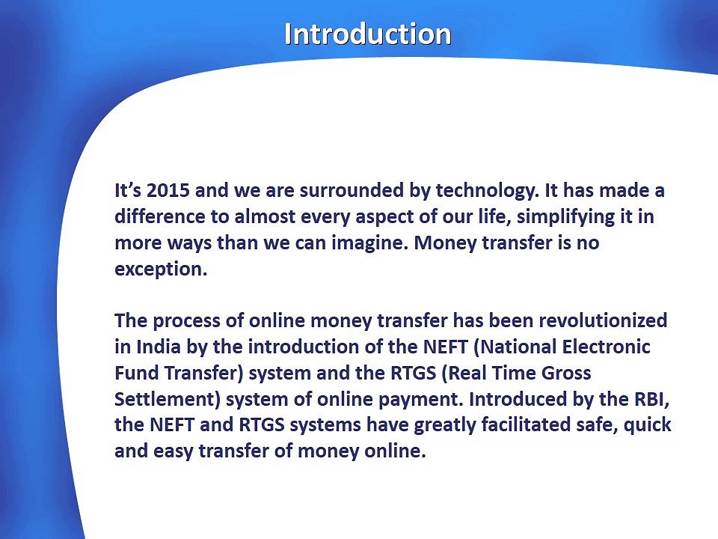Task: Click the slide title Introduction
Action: point(368,34)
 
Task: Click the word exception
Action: point(161,269)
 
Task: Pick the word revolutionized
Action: point(603,320)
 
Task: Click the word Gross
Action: point(566,373)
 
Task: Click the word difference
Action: point(160,216)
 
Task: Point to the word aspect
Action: point(384,217)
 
